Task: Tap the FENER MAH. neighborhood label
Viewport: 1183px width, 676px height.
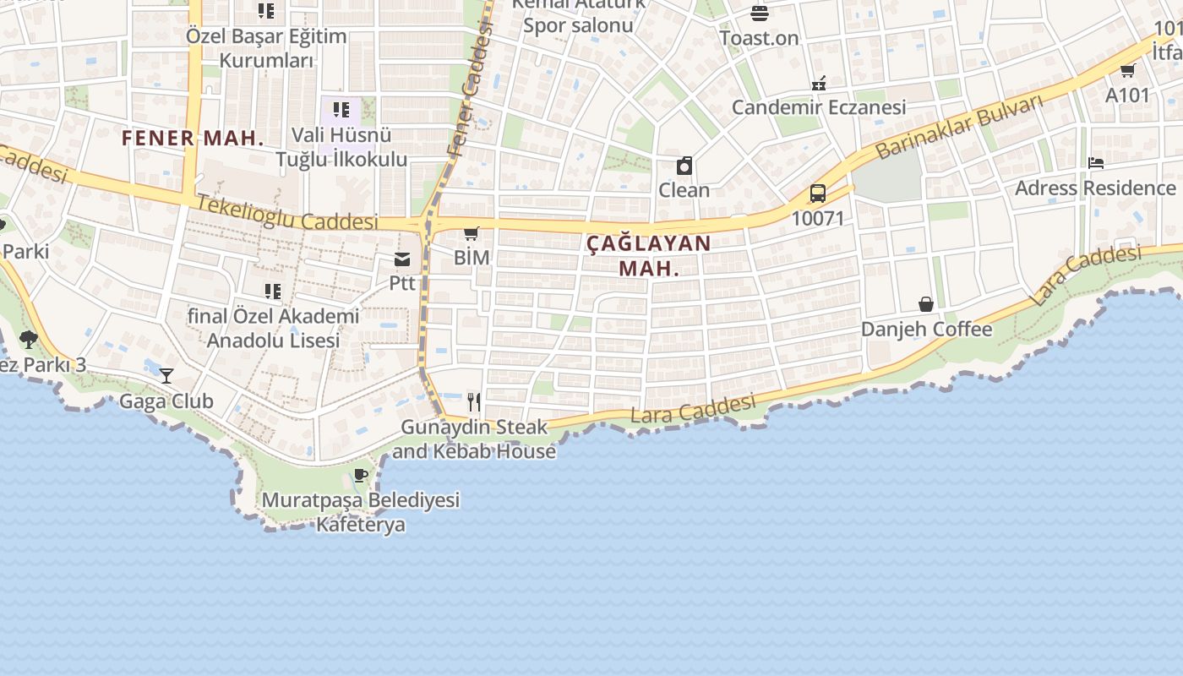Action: click(x=193, y=139)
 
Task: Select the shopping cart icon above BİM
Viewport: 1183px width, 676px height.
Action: click(x=472, y=233)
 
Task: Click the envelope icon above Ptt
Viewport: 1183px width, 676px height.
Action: click(x=402, y=259)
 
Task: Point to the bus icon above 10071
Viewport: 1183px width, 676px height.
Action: click(x=817, y=194)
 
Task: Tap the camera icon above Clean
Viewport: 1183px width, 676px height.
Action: click(x=684, y=166)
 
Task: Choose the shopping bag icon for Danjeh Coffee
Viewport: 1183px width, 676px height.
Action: click(x=926, y=304)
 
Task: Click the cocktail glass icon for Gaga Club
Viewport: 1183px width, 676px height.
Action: click(x=166, y=376)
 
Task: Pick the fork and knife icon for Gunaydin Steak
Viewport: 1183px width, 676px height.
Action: click(x=474, y=402)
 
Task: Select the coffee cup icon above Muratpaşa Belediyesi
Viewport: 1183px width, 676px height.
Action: click(x=361, y=476)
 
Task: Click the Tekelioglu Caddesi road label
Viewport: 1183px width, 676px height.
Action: click(x=287, y=213)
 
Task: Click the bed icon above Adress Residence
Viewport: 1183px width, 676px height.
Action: click(x=1096, y=163)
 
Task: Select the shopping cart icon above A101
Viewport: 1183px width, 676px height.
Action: click(x=1128, y=70)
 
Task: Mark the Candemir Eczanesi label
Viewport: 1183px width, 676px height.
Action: click(x=818, y=107)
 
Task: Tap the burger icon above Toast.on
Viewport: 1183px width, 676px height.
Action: click(x=759, y=14)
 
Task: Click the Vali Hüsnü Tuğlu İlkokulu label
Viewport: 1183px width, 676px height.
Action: click(x=341, y=147)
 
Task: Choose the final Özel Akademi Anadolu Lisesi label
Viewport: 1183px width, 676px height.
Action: click(x=273, y=328)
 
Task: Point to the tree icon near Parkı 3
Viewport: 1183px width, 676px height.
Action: click(x=29, y=340)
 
